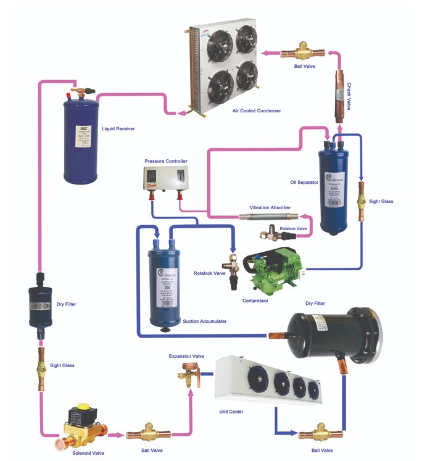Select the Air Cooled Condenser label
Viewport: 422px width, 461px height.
click(256, 110)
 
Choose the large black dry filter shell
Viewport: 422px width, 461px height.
click(333, 334)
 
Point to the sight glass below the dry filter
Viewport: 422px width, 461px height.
click(41, 366)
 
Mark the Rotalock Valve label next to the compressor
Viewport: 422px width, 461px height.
click(208, 273)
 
